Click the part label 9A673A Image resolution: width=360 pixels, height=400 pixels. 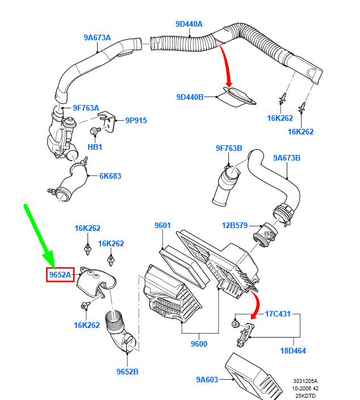click(x=97, y=38)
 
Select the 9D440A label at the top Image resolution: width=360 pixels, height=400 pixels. click(x=189, y=24)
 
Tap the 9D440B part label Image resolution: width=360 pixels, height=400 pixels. click(x=190, y=97)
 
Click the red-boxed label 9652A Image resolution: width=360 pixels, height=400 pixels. click(x=60, y=275)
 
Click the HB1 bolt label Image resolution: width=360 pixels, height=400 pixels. click(x=94, y=147)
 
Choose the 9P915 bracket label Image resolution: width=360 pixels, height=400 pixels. click(x=136, y=120)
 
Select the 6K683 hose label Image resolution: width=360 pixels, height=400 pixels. click(x=110, y=176)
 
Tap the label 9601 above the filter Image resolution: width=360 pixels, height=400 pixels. click(x=162, y=226)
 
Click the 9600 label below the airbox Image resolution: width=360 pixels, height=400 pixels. click(x=199, y=344)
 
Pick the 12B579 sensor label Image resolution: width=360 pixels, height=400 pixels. click(x=235, y=226)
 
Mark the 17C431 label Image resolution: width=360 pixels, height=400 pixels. click(x=278, y=314)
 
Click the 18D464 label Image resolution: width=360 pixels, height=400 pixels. click(x=293, y=351)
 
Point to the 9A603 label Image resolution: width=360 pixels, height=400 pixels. click(x=207, y=380)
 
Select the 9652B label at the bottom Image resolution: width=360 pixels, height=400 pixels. click(x=128, y=372)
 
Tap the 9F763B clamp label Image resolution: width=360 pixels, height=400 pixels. click(x=228, y=149)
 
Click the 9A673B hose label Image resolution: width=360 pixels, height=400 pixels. click(x=286, y=158)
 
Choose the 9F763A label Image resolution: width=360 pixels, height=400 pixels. click(x=86, y=108)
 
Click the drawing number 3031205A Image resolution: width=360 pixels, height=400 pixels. click(x=305, y=381)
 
